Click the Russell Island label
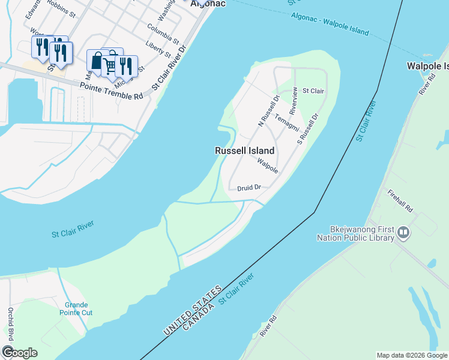[x=245, y=151]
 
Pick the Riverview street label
[x=294, y=101]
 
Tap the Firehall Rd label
[x=400, y=200]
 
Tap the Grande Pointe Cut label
[x=76, y=308]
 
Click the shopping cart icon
[x=109, y=64]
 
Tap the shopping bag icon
[x=96, y=61]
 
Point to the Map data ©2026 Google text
[x=411, y=355]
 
